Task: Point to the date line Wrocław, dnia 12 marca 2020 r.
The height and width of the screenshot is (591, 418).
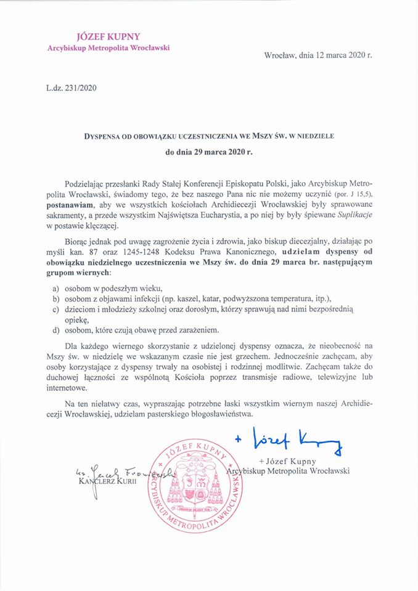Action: click(318, 54)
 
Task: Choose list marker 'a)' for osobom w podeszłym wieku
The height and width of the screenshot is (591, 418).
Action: click(55, 289)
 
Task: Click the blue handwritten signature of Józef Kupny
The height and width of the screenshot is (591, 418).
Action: click(288, 441)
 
